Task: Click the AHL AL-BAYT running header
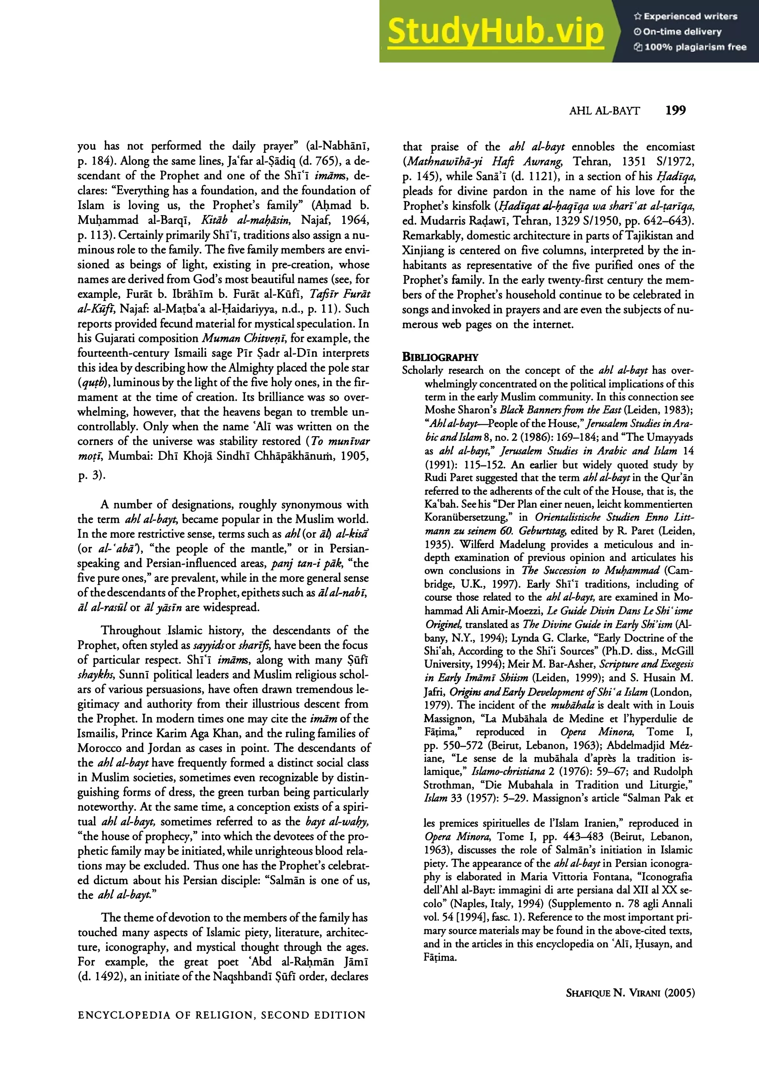click(x=604, y=111)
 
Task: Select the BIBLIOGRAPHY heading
click(x=440, y=358)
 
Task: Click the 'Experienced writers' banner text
click(x=686, y=16)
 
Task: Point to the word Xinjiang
click(x=421, y=250)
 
